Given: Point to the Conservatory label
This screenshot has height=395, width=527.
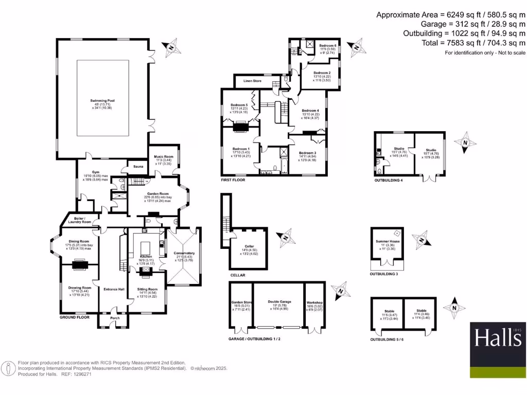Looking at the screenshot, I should [x=184, y=253].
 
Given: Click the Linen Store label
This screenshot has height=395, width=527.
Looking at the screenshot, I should [x=252, y=81].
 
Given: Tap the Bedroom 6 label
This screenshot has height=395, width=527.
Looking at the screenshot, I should [x=327, y=46].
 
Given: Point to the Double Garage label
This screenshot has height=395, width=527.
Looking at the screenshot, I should [x=279, y=303].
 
